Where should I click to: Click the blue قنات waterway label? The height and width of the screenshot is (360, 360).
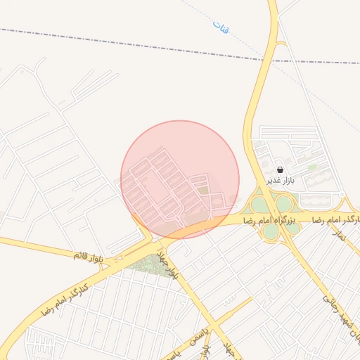(222, 27)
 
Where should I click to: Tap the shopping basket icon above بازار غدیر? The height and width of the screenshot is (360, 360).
(281, 169)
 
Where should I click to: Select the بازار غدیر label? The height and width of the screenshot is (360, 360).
(280, 180)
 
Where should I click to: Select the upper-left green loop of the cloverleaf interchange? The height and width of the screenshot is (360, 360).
(259, 204)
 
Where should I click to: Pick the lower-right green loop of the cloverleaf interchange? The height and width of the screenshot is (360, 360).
(291, 228)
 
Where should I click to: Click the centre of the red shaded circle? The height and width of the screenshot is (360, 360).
(180, 179)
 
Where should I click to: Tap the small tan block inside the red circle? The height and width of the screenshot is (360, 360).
(203, 190)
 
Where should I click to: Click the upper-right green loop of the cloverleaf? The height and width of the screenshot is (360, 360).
(283, 203)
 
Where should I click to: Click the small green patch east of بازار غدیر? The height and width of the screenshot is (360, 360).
(312, 167)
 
